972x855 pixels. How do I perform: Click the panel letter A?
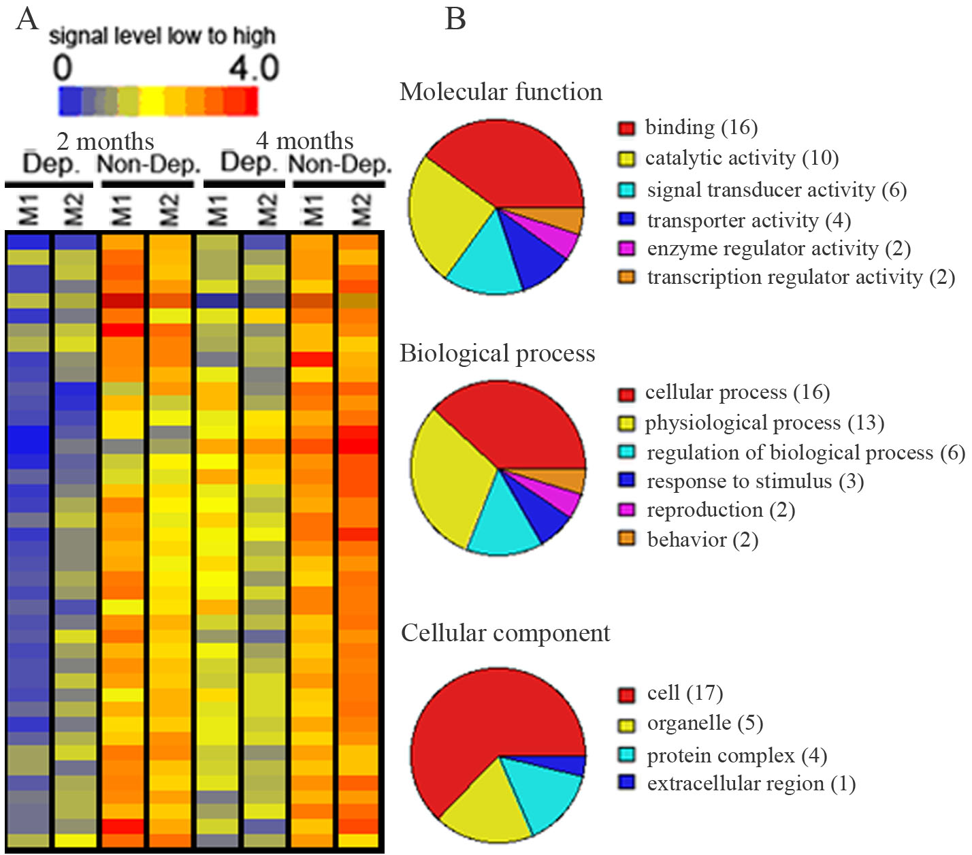click(27, 18)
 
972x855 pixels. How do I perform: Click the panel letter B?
click(455, 18)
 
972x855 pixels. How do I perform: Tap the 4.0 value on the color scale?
click(253, 69)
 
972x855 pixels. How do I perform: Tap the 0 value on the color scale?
click(63, 69)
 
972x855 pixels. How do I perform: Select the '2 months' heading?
click(106, 142)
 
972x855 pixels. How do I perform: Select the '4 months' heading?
click(304, 141)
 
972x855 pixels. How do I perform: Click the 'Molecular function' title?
click(501, 92)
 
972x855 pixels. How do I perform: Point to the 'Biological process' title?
click(498, 353)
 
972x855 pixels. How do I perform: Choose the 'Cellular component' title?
click(506, 633)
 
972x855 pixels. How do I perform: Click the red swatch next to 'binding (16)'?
click(626, 128)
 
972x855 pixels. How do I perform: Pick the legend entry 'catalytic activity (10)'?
click(741, 158)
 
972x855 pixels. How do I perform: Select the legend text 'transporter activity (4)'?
click(749, 221)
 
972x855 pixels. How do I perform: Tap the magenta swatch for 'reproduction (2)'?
click(626, 510)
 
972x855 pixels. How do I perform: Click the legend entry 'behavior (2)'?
click(702, 540)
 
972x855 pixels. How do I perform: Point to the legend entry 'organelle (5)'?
click(704, 723)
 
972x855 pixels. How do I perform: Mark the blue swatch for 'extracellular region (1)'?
click(626, 783)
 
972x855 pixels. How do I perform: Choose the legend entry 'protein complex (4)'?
click(736, 756)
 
